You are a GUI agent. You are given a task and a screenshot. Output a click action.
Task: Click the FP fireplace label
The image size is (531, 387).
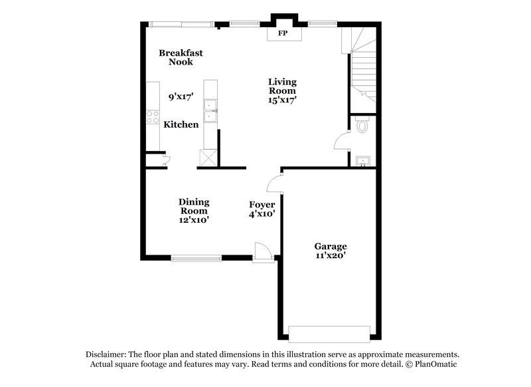282,33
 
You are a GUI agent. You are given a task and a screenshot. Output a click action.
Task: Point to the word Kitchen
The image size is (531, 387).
181,124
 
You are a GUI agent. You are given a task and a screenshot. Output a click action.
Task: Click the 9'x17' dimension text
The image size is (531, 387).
181,96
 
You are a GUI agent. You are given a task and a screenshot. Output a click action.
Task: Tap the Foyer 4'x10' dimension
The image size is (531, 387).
262,214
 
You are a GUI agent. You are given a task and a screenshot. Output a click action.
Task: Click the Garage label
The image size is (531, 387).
331,246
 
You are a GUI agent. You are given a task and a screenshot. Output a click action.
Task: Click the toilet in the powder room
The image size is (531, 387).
362,125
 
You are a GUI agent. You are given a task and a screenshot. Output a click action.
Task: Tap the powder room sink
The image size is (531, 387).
362,161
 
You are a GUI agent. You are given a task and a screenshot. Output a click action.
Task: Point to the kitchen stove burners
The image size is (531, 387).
151,117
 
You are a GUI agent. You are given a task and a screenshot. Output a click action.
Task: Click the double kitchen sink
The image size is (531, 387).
210,111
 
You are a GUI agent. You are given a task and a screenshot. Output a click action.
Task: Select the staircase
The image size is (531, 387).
362,66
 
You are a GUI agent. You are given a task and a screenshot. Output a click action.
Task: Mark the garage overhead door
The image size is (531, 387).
329,333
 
